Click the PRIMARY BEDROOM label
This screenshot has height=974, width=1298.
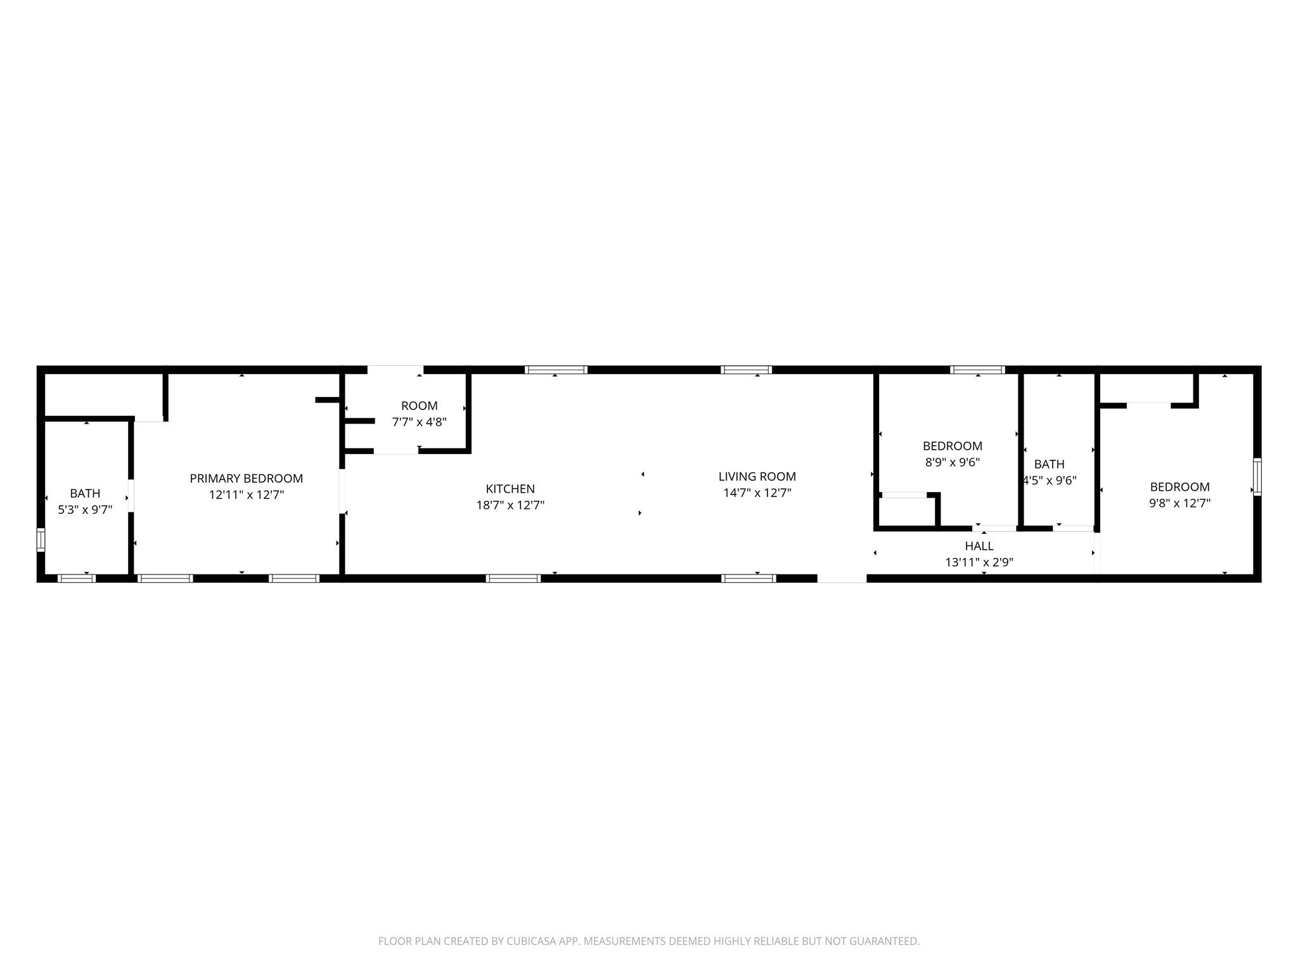[x=247, y=479]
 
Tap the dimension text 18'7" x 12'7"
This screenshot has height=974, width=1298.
[x=510, y=505]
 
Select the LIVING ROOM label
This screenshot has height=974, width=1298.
[x=757, y=476]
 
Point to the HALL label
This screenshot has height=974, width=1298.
[x=979, y=546]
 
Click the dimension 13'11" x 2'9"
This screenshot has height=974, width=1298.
[x=979, y=562]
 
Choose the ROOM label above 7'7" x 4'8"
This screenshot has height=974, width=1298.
[x=419, y=406]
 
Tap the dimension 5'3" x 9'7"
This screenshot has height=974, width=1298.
[x=85, y=509]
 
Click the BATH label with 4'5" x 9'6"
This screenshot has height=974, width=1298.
[x=1049, y=464]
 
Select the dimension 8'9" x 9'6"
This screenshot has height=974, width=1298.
[x=952, y=462]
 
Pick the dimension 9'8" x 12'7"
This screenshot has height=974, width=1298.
[x=1179, y=503]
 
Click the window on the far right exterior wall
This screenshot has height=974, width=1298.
[x=1257, y=477]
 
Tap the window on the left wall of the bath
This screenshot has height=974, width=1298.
[x=41, y=540]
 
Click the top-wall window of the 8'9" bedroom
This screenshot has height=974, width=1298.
[x=977, y=370]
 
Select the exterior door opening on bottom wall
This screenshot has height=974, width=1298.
[x=841, y=578]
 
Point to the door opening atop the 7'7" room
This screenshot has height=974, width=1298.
[x=395, y=370]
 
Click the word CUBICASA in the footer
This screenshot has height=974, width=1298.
[x=530, y=942]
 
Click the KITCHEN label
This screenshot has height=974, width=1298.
[x=510, y=489]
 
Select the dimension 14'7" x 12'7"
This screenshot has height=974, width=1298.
[x=757, y=493]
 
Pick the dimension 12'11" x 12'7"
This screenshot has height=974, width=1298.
[x=247, y=495]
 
